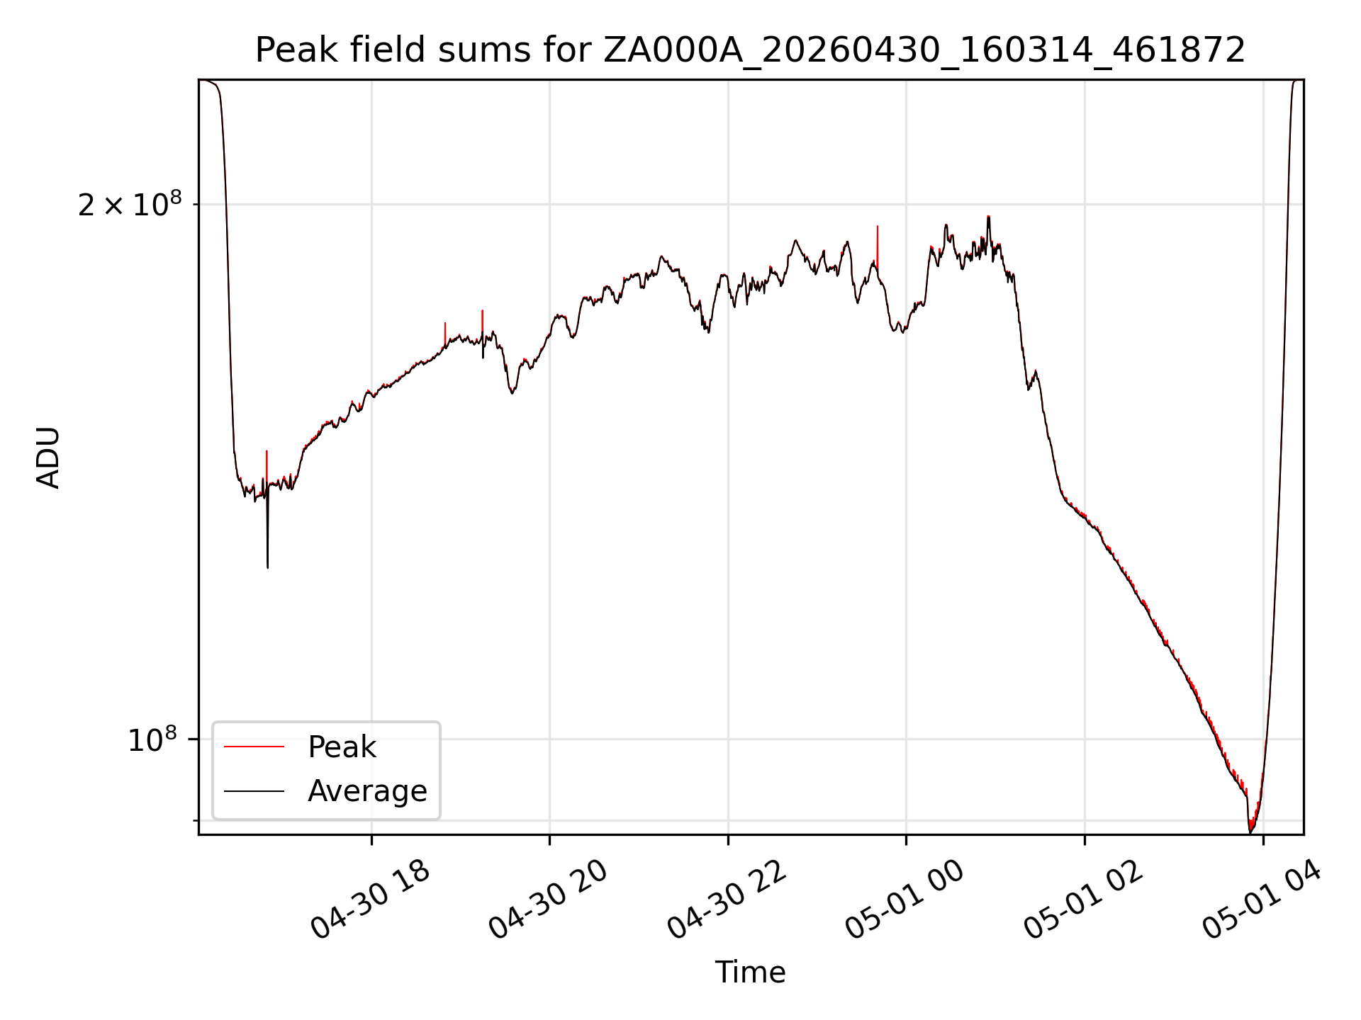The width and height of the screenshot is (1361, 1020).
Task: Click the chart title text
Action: pyautogui.click(x=750, y=50)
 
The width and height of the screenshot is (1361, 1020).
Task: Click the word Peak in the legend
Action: pyautogui.click(x=342, y=747)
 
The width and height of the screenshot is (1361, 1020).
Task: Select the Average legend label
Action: pyautogui.click(x=367, y=791)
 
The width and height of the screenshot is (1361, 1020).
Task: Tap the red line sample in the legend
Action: pyautogui.click(x=254, y=747)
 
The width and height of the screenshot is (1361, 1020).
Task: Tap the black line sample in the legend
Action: pyautogui.click(x=254, y=791)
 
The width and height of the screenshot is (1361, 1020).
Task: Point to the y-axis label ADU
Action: pyautogui.click(x=48, y=458)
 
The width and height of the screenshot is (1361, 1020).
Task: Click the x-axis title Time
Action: pyautogui.click(x=750, y=973)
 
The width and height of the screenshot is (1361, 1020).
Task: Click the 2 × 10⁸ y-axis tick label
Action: pyautogui.click(x=130, y=205)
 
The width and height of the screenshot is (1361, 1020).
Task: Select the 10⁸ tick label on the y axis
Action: pyautogui.click(x=152, y=739)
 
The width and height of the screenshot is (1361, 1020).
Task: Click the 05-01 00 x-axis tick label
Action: pyautogui.click(x=906, y=900)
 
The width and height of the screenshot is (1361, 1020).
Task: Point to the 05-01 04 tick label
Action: pyautogui.click(x=1262, y=900)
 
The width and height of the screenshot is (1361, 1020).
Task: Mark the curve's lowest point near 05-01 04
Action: pyautogui.click(x=1250, y=832)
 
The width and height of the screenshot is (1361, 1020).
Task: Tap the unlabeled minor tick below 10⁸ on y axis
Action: pyautogui.click(x=196, y=820)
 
